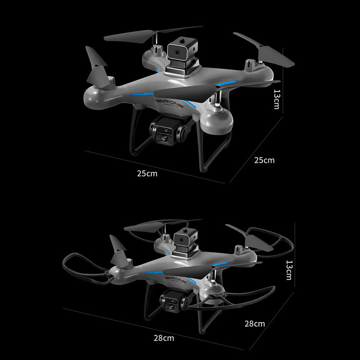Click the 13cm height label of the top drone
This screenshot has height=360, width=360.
click(277, 99)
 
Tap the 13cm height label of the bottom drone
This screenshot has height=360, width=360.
click(289, 270)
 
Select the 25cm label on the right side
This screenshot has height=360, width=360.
click(264, 160)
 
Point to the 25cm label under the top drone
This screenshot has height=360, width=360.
click(147, 174)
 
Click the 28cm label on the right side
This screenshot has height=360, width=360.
click(255, 324)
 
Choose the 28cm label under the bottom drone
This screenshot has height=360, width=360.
click(164, 338)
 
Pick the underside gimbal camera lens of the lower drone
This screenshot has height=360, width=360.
click(171, 306)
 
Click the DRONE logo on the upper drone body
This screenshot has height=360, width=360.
click(170, 104)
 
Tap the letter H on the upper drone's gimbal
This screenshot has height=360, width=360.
click(154, 130)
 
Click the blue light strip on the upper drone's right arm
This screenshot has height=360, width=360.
click(226, 83)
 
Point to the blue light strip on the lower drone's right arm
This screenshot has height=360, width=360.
click(220, 264)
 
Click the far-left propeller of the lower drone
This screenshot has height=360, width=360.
click(118, 251)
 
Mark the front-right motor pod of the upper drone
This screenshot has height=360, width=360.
click(217, 121)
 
